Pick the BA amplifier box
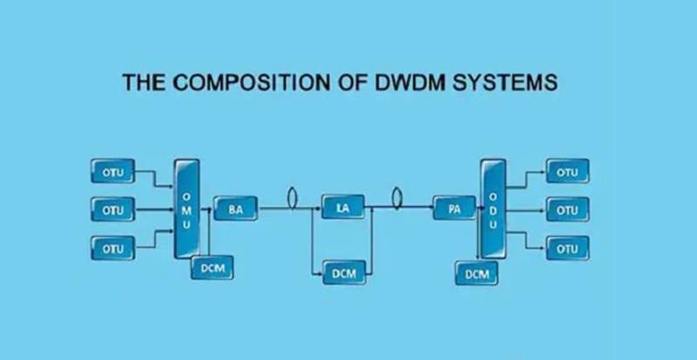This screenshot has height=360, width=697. click(x=234, y=209)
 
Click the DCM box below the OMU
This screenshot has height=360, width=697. click(x=213, y=268)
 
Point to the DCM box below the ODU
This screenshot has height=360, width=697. click(x=477, y=274)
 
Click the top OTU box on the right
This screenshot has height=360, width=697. click(x=567, y=172)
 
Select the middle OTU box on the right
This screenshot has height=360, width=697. click(x=567, y=210)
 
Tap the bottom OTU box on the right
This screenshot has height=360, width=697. click(x=567, y=248)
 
